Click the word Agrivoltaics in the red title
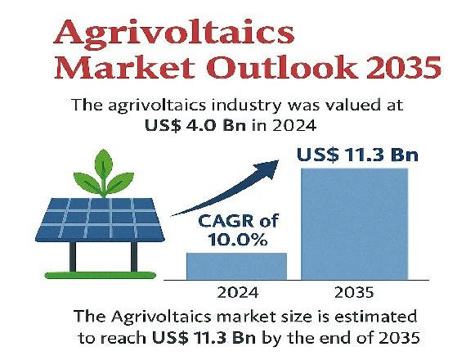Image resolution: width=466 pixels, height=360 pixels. (x=174, y=33)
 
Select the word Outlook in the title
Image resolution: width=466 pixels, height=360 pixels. (x=283, y=67)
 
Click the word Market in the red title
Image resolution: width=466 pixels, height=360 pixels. (x=125, y=67)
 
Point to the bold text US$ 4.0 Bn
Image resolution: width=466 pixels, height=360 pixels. (x=195, y=125)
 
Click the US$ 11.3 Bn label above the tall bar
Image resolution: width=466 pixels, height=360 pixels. (x=357, y=155)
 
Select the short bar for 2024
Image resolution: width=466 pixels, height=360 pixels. (x=236, y=266)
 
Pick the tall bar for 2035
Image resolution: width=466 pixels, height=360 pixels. (x=355, y=224)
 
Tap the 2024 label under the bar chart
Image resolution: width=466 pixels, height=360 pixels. (x=238, y=293)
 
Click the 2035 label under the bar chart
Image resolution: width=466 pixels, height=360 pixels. (x=354, y=293)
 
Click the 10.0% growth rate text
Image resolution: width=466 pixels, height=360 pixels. (x=237, y=240)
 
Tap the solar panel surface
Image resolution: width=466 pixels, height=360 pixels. (x=101, y=219)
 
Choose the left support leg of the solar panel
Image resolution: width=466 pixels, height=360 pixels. (x=73, y=256)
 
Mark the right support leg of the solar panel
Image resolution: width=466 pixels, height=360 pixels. (x=134, y=256)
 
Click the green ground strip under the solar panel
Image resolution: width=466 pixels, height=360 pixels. (x=101, y=275)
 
